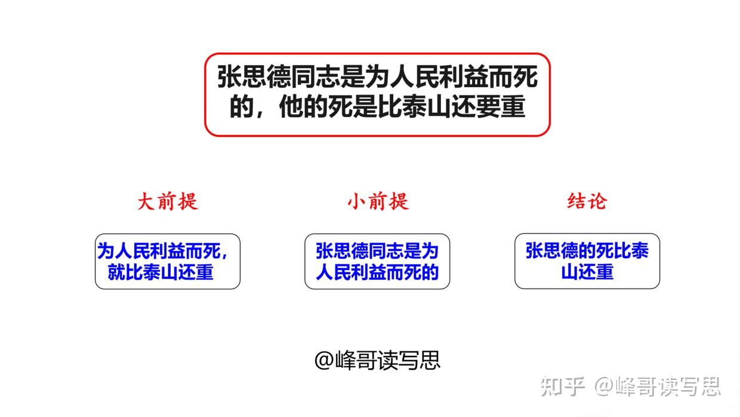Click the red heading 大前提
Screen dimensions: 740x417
click(x=168, y=201)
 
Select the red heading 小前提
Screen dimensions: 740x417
click(x=378, y=201)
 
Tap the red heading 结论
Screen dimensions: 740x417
click(x=587, y=201)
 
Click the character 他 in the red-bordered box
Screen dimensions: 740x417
click(x=291, y=106)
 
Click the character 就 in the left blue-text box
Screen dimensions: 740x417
click(x=116, y=272)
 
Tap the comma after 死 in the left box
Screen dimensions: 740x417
click(x=225, y=255)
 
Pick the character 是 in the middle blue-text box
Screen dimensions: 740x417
click(x=412, y=251)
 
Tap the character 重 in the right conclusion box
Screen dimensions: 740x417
click(x=605, y=272)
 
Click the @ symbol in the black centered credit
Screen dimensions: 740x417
click(x=325, y=360)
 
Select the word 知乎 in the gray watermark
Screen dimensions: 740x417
click(x=563, y=387)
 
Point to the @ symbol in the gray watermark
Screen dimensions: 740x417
click(x=604, y=387)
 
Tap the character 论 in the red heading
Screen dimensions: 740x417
click(x=597, y=201)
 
